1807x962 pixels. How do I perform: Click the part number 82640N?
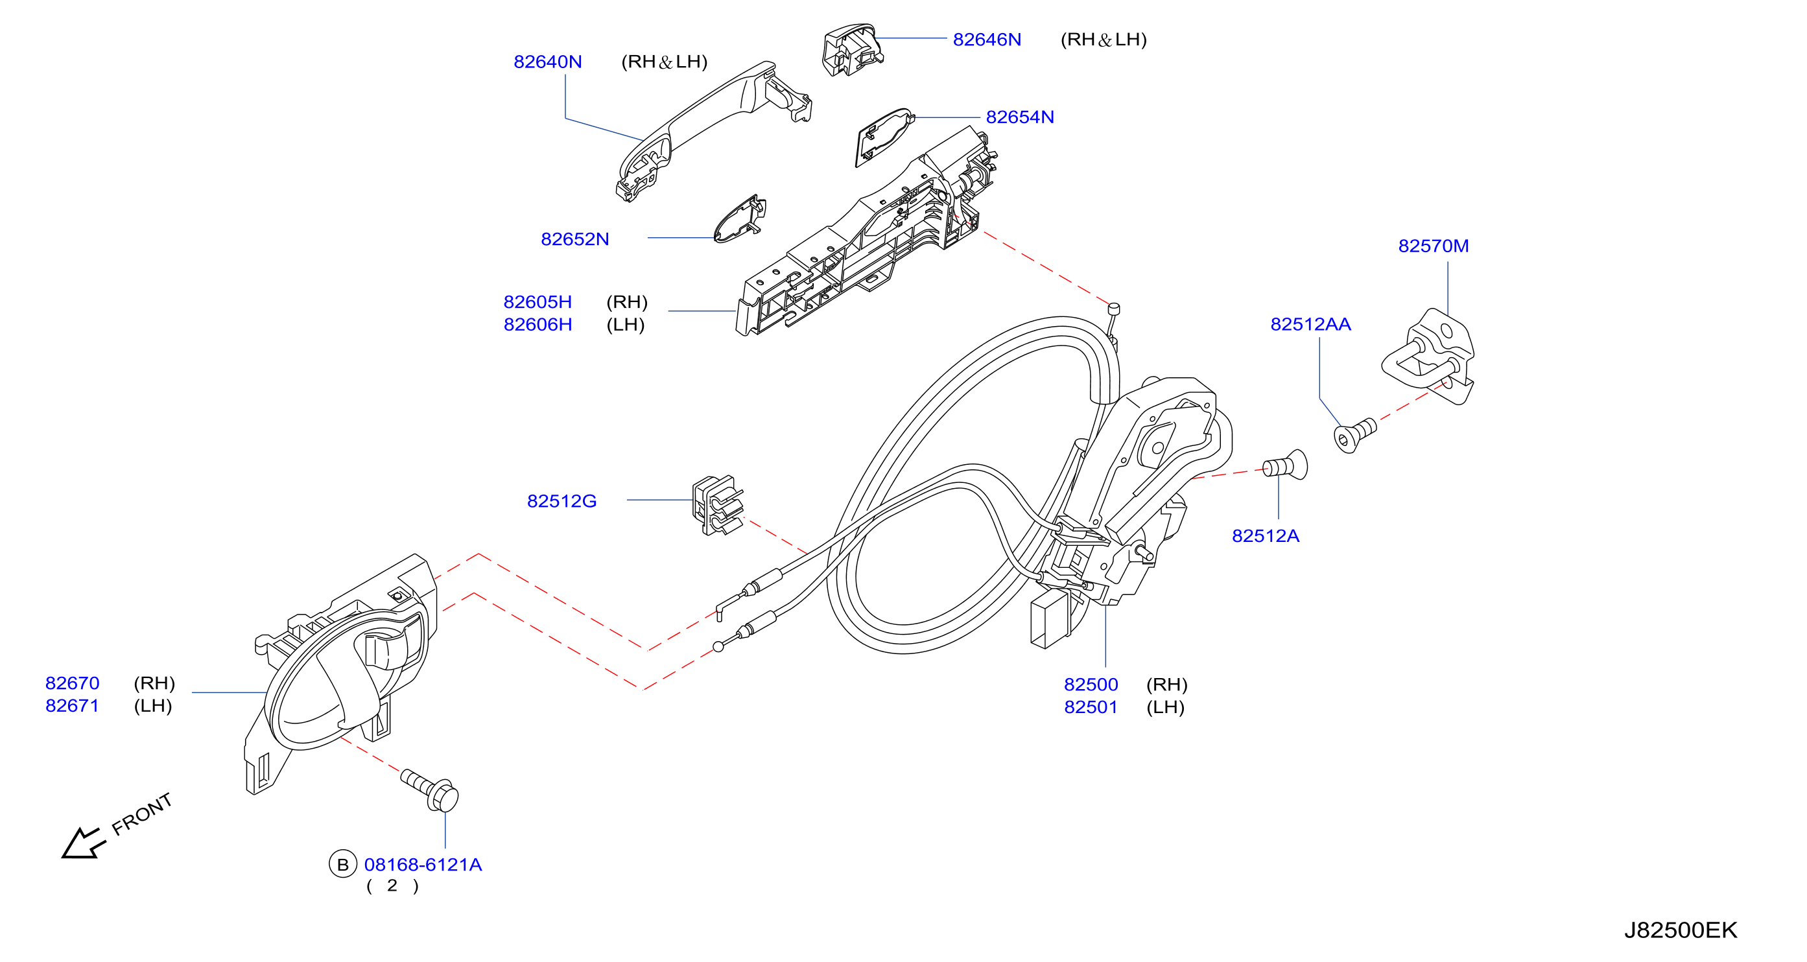(x=548, y=62)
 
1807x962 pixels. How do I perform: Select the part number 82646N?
(x=987, y=40)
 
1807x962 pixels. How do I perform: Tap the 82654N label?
(x=1020, y=117)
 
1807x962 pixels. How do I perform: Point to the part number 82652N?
(x=575, y=239)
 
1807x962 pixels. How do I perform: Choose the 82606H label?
(x=538, y=325)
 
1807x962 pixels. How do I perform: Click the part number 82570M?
(x=1433, y=246)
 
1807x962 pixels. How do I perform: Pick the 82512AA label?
(x=1310, y=324)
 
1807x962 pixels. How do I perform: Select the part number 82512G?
(x=562, y=501)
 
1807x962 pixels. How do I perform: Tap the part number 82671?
(x=72, y=706)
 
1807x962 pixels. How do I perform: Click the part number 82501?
(x=1091, y=707)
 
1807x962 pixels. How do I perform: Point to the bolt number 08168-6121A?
(x=423, y=865)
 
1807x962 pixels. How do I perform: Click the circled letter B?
(x=343, y=865)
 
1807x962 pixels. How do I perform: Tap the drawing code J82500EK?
(x=1681, y=930)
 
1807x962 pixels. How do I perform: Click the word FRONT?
(x=142, y=814)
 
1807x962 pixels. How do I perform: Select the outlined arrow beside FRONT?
(x=83, y=843)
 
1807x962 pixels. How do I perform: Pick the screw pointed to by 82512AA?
(x=1354, y=436)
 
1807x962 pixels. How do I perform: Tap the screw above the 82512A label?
(x=1285, y=465)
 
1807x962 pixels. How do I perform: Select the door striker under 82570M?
(x=1430, y=356)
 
